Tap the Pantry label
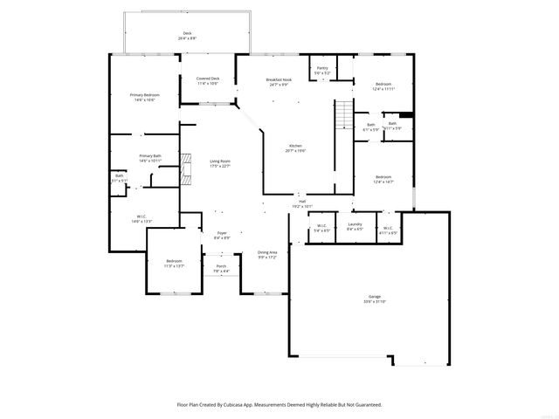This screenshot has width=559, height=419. coord(322,67)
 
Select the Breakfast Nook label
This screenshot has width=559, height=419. coord(279,79)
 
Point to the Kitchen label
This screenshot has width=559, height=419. coord(296,146)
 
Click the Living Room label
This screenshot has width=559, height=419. coord(219,161)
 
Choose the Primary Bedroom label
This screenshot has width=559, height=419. coord(144,94)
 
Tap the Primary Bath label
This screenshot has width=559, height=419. coord(149,157)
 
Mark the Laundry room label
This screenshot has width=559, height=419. coord(355,225)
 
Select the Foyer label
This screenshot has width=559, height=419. coord(222,232)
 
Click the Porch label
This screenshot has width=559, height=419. coord(221,266)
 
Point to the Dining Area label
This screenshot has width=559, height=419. coord(267,252)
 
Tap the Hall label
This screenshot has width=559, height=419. coord(301,202)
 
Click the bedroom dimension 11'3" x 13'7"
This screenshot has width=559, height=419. coord(175,265)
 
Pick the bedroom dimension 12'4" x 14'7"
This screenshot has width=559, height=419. coord(384,181)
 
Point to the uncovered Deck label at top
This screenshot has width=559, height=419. coord(187,35)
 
